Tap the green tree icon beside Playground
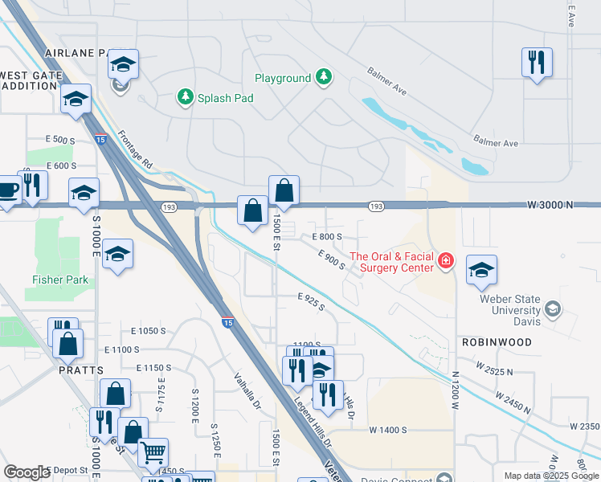pos(323,77)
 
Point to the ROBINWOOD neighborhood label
pos(497,342)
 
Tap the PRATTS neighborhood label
pos(80,370)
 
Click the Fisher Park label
pos(60,280)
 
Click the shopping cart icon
pos(153,451)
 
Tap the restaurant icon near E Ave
pos(537,62)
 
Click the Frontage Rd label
pos(136,149)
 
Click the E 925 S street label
pos(310,302)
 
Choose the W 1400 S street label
pos(389,431)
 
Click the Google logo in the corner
pos(27,472)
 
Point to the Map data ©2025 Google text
pos(550,476)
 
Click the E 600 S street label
pos(61,165)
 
